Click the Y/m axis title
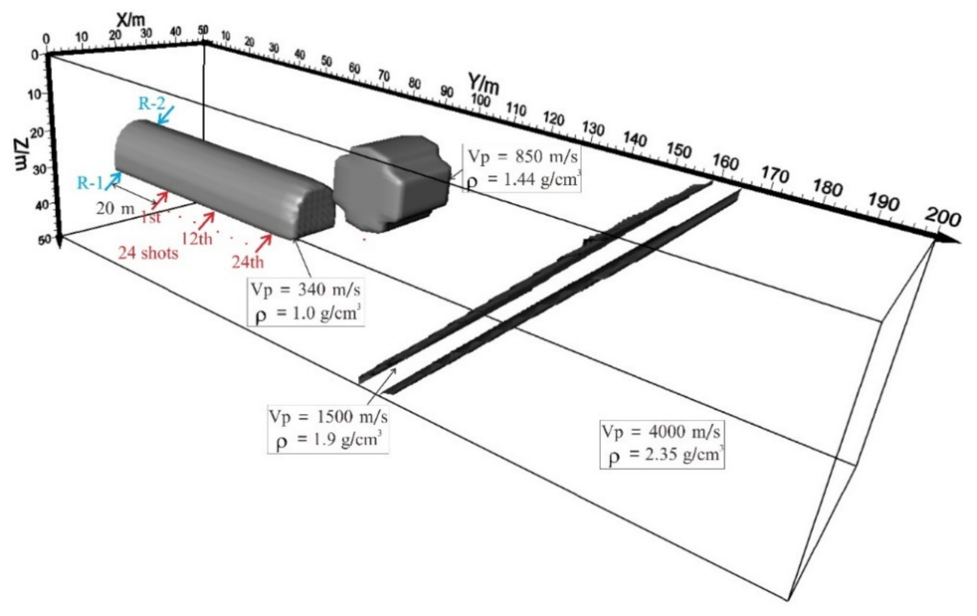click(483, 84)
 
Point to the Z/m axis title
click(23, 154)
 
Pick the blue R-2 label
click(152, 104)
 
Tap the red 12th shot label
click(197, 239)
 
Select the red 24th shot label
click(248, 262)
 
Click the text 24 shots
click(148, 253)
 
